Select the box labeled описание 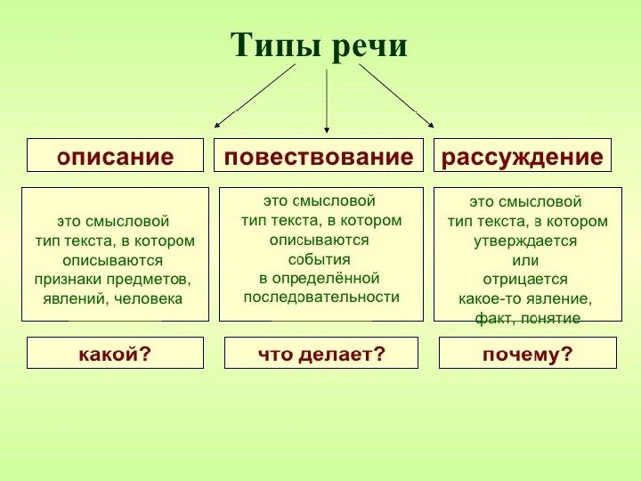click(x=115, y=157)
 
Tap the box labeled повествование click(x=319, y=157)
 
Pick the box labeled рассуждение click(x=523, y=157)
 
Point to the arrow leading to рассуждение click(x=396, y=95)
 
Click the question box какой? click(x=115, y=354)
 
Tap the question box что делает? click(x=321, y=354)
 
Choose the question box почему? click(x=528, y=354)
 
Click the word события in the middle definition click(x=319, y=258)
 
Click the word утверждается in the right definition click(x=525, y=240)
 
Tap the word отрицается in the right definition click(x=525, y=279)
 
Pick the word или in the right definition click(x=525, y=260)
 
